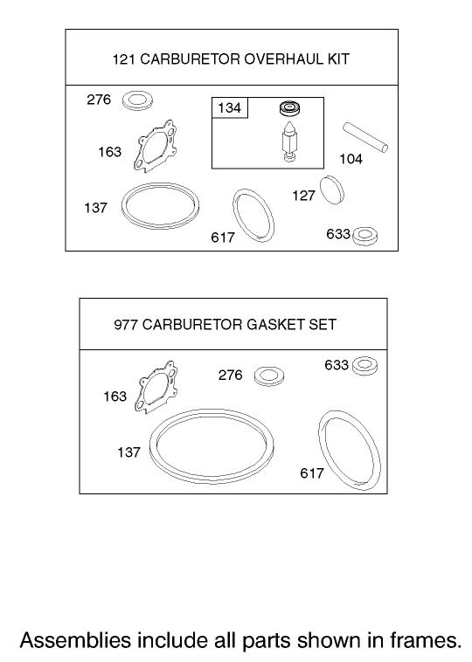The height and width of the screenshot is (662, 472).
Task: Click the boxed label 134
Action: (x=229, y=108)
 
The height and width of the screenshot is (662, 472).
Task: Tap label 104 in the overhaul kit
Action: (x=351, y=160)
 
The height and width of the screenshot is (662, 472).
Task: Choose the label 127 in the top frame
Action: (x=303, y=197)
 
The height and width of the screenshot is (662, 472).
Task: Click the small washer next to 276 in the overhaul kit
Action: (x=136, y=100)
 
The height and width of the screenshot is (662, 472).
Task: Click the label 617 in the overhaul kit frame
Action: (x=223, y=238)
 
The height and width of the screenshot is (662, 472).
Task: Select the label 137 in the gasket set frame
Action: (x=128, y=453)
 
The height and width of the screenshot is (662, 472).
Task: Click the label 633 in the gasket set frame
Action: (x=337, y=365)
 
